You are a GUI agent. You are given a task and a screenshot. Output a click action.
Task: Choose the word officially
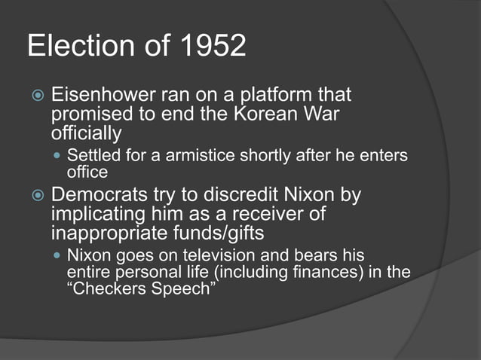tap(86, 134)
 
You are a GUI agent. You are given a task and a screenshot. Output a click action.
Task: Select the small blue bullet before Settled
tap(58, 157)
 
